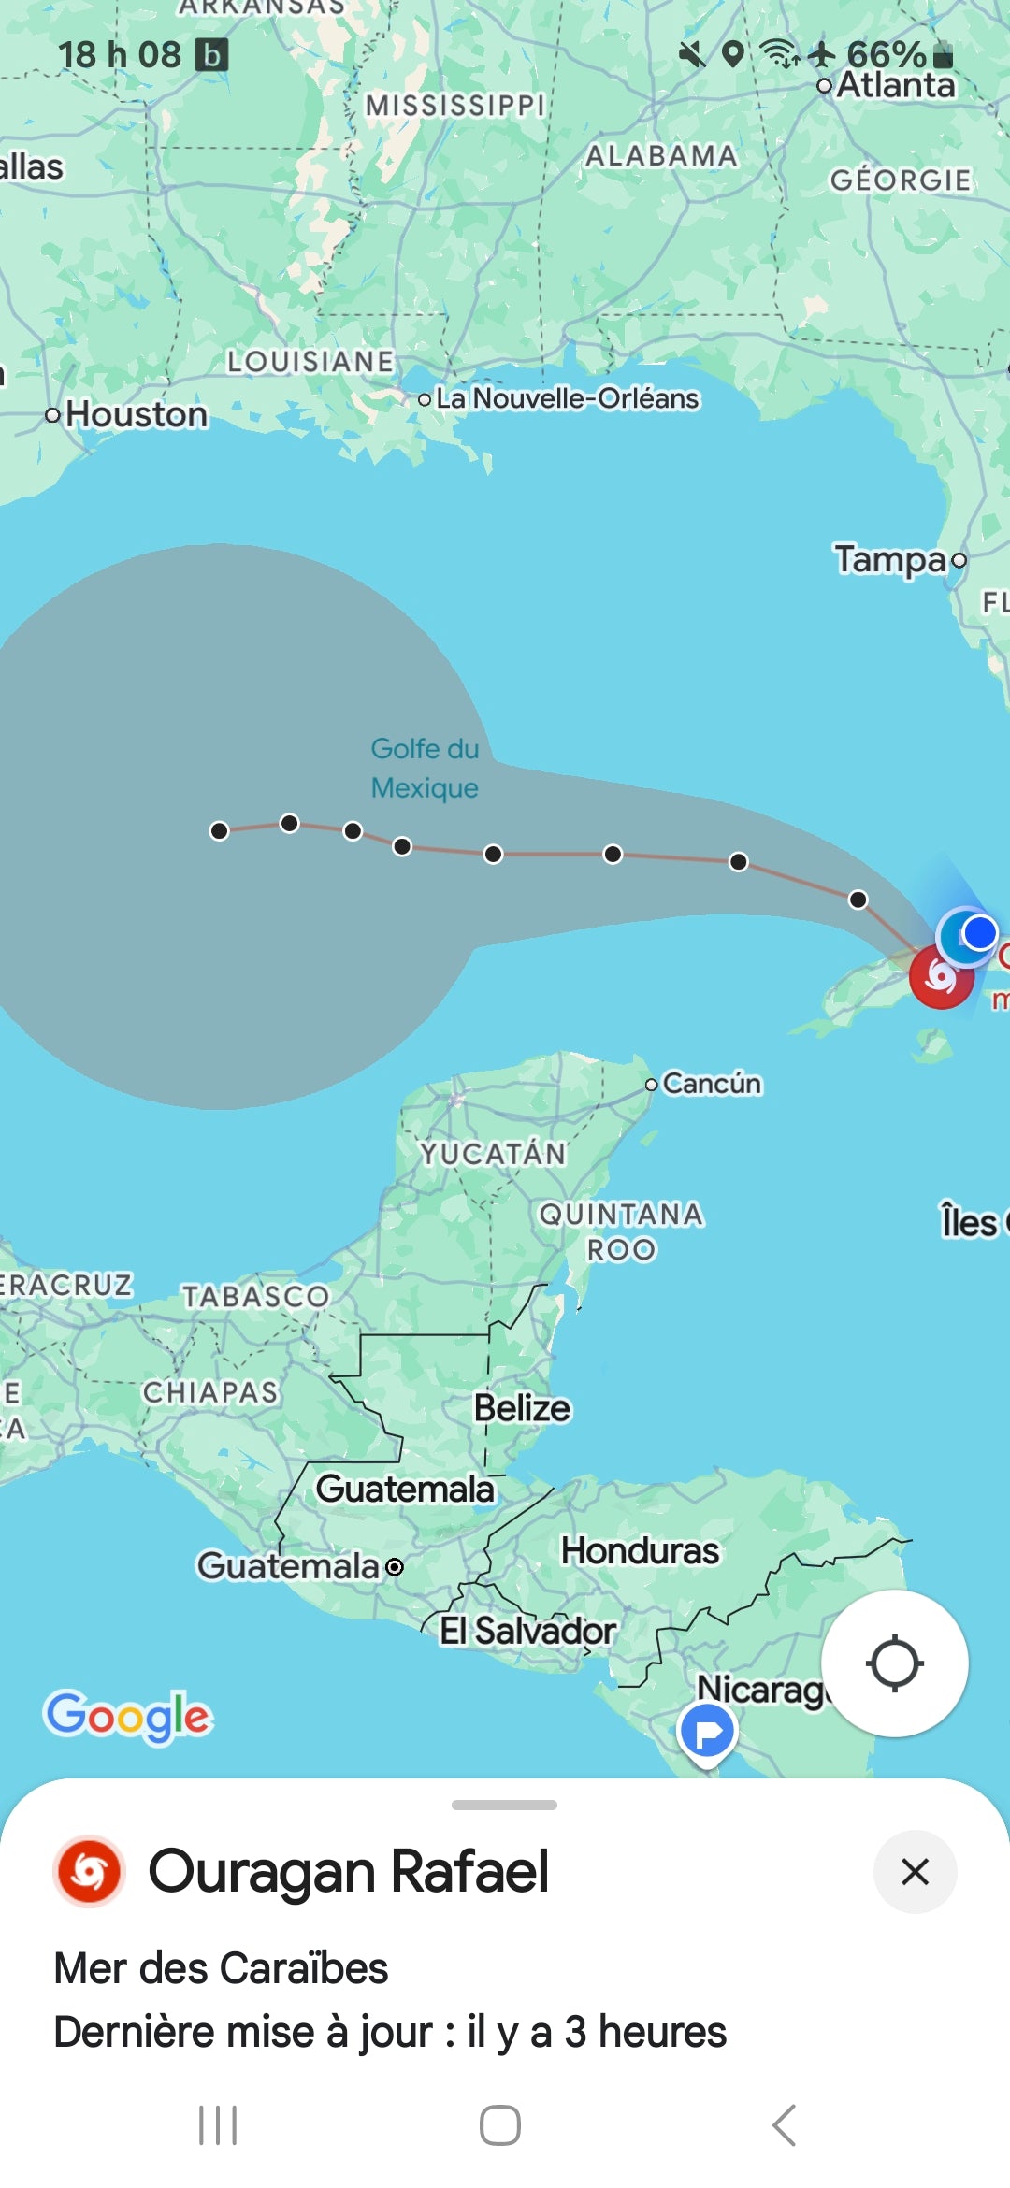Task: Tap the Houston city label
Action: click(137, 414)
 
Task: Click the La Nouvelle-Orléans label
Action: click(567, 398)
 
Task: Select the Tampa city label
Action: click(891, 559)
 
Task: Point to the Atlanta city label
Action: click(895, 85)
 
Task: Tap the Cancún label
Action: click(711, 1084)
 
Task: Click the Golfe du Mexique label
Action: click(425, 768)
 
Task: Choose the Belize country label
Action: click(522, 1408)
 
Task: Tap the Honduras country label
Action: click(640, 1550)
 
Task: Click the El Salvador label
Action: click(527, 1631)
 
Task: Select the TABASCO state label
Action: click(255, 1296)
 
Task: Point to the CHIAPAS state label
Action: click(210, 1392)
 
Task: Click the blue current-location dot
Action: click(979, 932)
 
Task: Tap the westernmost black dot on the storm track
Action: click(219, 831)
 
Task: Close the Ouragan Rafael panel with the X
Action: click(915, 1872)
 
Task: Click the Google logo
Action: click(128, 1716)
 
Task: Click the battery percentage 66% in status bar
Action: click(886, 54)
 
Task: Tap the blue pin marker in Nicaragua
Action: click(708, 1733)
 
